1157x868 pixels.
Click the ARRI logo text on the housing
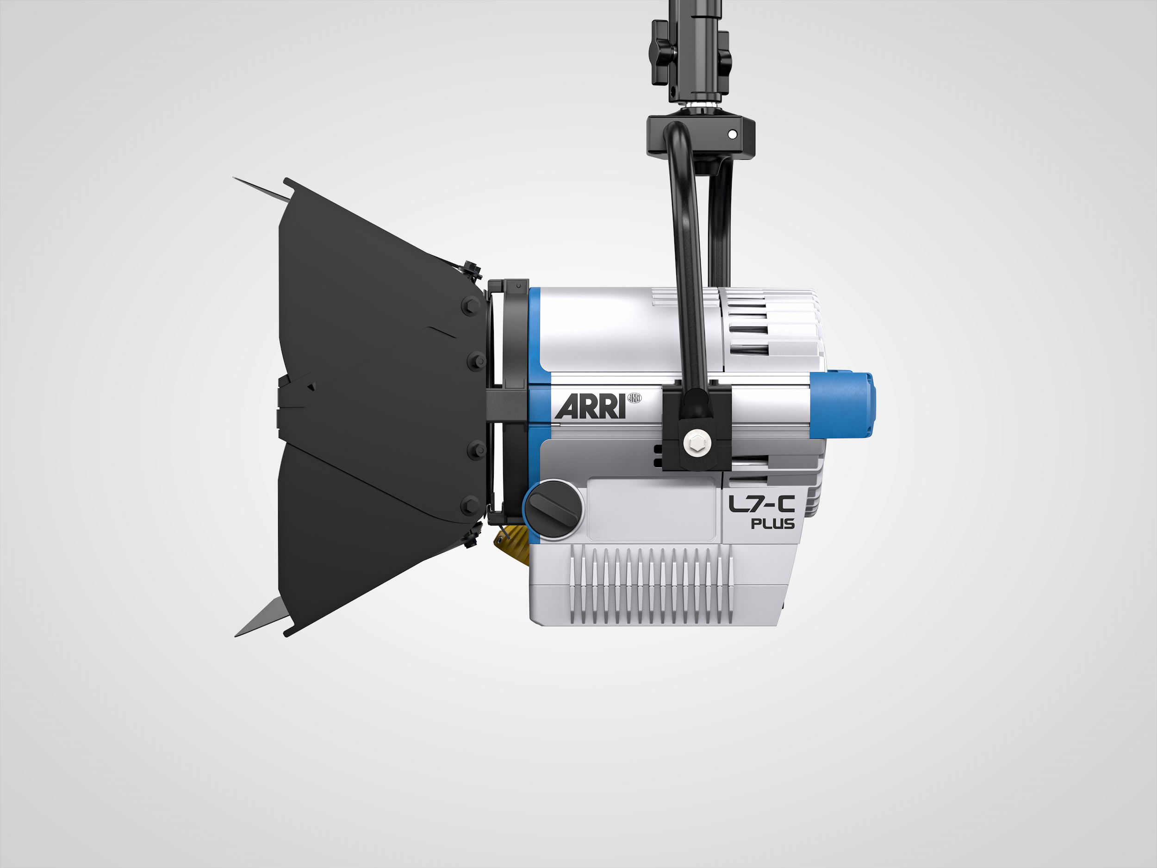pos(591,406)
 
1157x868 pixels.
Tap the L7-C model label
pos(762,504)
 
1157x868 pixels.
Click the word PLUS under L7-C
pos(772,524)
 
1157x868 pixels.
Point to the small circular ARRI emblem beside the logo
pos(634,399)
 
